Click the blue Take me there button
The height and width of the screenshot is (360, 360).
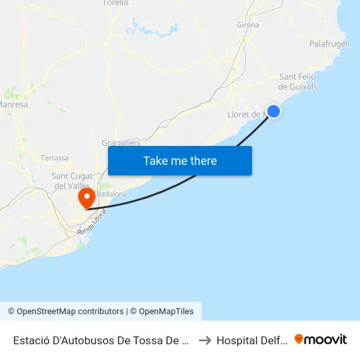point(180,160)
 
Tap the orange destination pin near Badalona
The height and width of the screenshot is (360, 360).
point(85,198)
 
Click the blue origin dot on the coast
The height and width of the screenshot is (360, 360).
point(274,111)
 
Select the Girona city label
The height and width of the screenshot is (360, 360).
point(247,25)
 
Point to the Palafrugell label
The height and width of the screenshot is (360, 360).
point(329,44)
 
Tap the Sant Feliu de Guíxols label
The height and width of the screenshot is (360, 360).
point(298,81)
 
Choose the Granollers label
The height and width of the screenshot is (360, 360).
point(121,143)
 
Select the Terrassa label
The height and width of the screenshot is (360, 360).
point(54,158)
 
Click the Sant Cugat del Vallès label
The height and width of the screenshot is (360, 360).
point(73,180)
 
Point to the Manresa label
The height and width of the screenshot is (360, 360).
point(13,104)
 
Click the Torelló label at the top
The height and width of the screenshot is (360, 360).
point(116,3)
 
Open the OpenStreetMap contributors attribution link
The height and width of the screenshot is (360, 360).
point(65,312)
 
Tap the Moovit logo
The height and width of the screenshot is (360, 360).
point(321,339)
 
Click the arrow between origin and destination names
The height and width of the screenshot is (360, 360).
point(204,340)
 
